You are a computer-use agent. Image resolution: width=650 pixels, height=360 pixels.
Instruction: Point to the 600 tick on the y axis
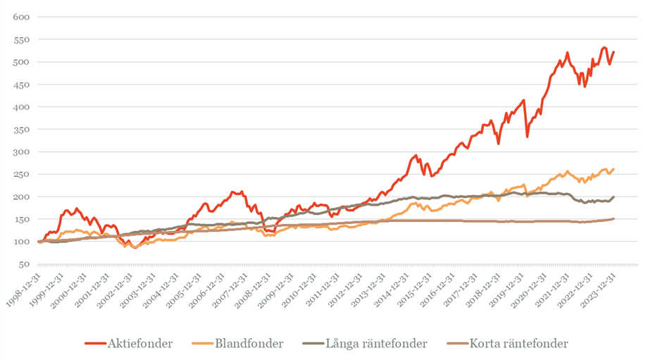point(23,17)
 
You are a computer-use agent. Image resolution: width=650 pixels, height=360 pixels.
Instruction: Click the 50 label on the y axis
point(25,264)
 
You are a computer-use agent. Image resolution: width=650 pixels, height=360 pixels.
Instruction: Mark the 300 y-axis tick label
point(23,152)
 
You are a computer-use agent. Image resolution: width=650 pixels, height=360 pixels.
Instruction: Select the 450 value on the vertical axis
point(23,85)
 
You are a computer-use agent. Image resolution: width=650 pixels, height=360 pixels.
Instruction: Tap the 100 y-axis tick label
point(23,242)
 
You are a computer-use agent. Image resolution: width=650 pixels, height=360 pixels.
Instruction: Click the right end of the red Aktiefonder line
point(613,51)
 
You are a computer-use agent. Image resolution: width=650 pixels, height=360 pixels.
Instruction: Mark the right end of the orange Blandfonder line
point(613,169)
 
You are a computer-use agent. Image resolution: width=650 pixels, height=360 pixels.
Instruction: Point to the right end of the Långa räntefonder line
point(613,197)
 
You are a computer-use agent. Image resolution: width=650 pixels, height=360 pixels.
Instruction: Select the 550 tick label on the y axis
point(23,39)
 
